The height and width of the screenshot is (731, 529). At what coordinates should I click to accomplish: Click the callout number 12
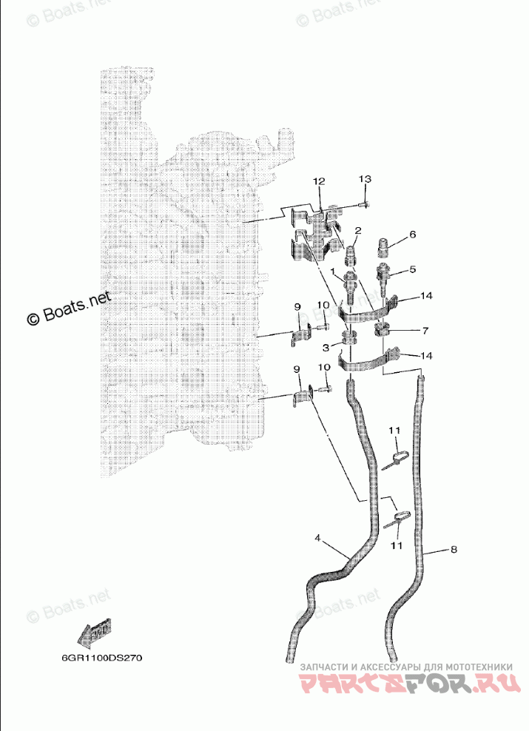point(319,181)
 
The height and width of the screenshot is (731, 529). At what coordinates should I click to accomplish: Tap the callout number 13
point(365,180)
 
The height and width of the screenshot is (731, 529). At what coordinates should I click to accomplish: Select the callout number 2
point(358,231)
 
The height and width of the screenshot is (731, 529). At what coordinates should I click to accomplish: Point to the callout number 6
point(412,235)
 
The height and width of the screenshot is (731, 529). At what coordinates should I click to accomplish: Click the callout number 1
point(335,272)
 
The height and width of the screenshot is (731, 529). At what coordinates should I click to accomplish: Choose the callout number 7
point(424,329)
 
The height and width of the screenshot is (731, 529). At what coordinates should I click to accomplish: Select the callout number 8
point(454,550)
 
